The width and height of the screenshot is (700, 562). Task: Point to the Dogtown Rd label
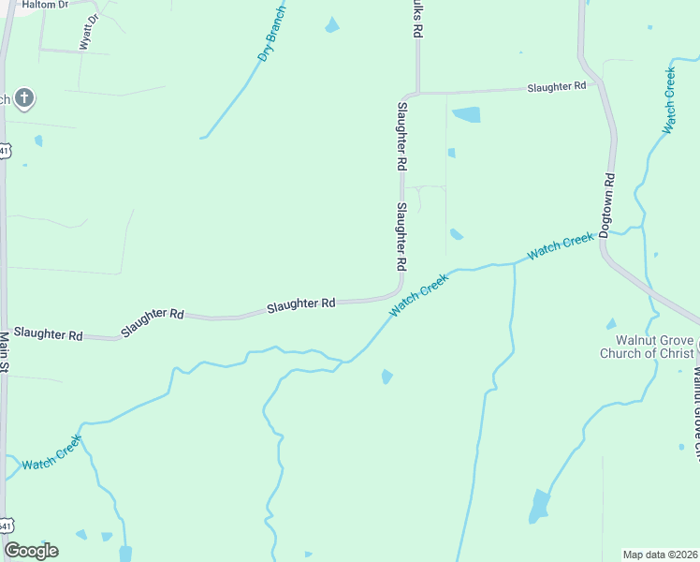pyautogui.click(x=606, y=205)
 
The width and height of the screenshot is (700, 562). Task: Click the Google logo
pyautogui.click(x=31, y=550)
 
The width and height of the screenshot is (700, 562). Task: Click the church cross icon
pyautogui.click(x=24, y=96)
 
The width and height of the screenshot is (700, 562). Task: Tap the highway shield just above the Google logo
pyautogui.click(x=6, y=523)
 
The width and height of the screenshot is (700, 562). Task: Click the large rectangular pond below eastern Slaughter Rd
pyautogui.click(x=466, y=115)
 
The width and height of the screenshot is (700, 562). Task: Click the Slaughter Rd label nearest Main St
pyautogui.click(x=49, y=334)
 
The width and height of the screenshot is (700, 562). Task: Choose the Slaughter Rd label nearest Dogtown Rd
pyautogui.click(x=556, y=87)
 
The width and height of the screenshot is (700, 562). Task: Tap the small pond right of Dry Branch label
pyautogui.click(x=331, y=25)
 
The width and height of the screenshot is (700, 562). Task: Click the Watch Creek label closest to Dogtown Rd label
pyautogui.click(x=560, y=246)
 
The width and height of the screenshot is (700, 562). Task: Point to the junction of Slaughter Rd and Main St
pyautogui.click(x=6, y=330)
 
